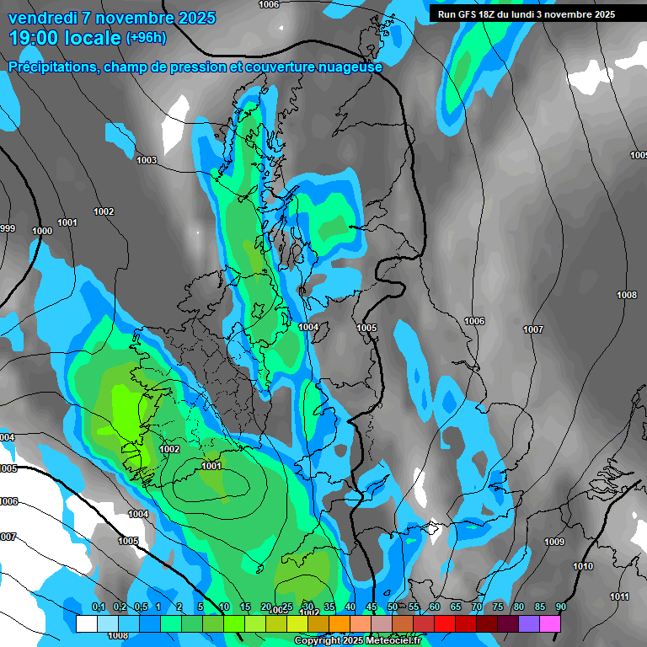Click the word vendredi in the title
[x=39, y=18]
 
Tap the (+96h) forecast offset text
[x=146, y=37]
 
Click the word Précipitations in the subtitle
[x=52, y=67]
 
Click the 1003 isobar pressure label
[x=147, y=160]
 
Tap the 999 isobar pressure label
[x=8, y=228]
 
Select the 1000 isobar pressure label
[x=42, y=231]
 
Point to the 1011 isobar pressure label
[x=619, y=596]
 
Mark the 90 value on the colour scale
[x=560, y=607]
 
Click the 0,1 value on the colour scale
[x=99, y=607]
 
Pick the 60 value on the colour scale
[x=435, y=607]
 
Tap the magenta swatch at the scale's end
[x=550, y=623]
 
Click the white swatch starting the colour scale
[x=86, y=623]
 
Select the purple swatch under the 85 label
[x=529, y=623]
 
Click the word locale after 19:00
[x=94, y=37]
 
